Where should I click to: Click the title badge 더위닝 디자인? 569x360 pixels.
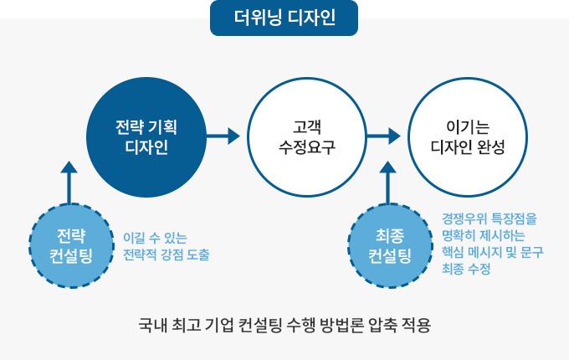(x=284, y=18)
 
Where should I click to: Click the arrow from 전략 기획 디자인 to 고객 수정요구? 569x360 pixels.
(x=223, y=136)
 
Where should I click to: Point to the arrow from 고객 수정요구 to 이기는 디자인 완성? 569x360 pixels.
(x=383, y=136)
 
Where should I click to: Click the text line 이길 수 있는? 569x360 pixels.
(x=155, y=237)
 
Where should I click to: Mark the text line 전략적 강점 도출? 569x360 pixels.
(x=166, y=254)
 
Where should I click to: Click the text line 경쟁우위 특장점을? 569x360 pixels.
(x=490, y=219)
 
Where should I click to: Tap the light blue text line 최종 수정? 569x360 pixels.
(x=465, y=270)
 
